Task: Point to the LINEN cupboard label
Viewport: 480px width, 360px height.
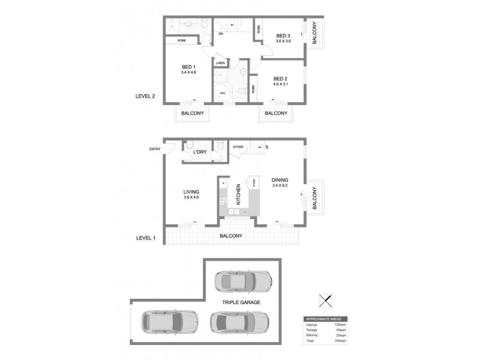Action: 220,63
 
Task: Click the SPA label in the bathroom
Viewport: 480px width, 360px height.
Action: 221,94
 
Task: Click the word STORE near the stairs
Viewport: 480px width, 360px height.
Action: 238,146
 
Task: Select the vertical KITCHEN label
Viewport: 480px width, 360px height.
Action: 238,194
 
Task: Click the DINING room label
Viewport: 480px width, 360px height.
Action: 280,179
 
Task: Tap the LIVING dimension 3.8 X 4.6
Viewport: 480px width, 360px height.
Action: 191,197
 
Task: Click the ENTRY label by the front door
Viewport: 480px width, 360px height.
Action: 155,149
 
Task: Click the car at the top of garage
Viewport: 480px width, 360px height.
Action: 242,280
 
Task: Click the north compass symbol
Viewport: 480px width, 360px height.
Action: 326,301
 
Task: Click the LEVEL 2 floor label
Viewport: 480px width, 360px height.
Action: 146,95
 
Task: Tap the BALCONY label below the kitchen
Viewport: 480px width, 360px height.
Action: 230,236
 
